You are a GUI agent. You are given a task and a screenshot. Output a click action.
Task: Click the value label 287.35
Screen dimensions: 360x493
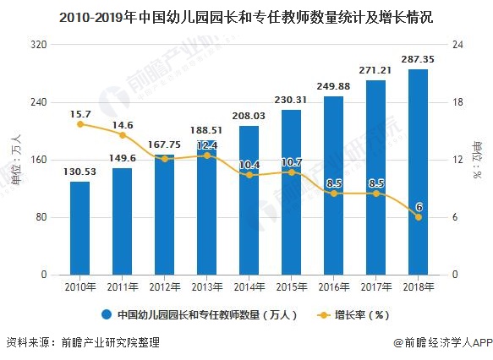(418, 59)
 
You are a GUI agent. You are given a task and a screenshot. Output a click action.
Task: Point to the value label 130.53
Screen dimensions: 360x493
(79, 172)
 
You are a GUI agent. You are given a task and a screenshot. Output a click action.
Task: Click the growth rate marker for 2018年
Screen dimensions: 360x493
(418, 217)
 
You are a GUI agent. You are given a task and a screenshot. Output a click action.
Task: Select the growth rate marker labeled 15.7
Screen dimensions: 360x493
(79, 124)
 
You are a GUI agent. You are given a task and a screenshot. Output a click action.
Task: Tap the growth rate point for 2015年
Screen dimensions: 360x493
(291, 172)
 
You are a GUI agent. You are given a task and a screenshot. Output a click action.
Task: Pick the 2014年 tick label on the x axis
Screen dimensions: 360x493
(249, 286)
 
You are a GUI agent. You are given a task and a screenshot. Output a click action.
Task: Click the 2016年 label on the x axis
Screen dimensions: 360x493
(333, 286)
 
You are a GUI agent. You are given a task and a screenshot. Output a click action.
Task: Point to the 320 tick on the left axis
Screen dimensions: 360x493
(38, 45)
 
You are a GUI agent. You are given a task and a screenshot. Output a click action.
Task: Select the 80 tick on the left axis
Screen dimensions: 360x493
(41, 217)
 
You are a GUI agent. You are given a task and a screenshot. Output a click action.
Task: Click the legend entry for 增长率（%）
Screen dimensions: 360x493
(361, 315)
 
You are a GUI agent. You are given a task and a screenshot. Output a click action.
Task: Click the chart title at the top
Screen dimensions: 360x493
(246, 16)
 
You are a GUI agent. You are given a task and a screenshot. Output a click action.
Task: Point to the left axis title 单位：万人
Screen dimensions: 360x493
(14, 160)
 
